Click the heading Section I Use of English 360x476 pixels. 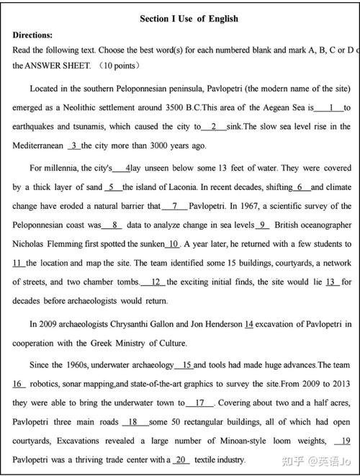(x=188, y=19)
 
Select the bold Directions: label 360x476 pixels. (x=33, y=35)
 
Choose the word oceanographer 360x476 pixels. (x=323, y=225)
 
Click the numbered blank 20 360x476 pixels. (x=181, y=459)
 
